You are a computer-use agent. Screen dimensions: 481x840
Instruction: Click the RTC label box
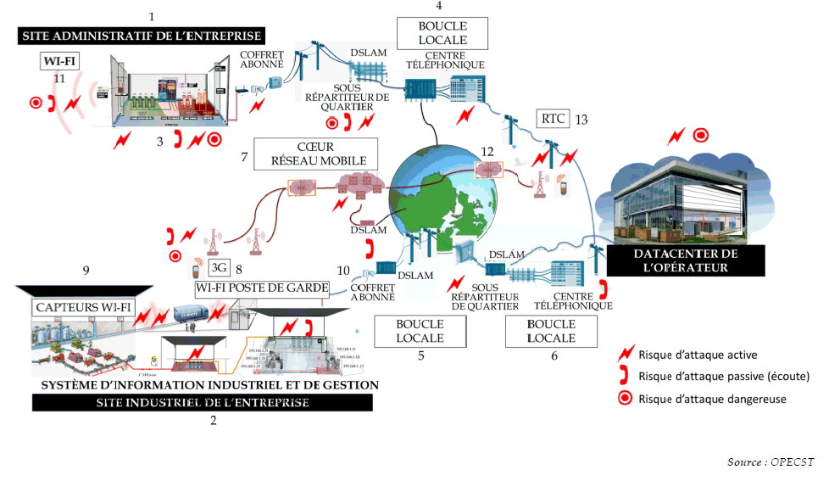(x=553, y=118)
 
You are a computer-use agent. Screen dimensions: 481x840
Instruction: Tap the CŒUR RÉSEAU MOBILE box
(x=315, y=154)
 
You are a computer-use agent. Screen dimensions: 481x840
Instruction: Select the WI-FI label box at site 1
(x=59, y=61)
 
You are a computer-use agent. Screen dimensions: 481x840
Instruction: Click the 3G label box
(x=220, y=269)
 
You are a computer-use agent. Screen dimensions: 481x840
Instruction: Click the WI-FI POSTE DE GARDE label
(x=261, y=288)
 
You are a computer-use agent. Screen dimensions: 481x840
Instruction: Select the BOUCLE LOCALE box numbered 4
(x=442, y=33)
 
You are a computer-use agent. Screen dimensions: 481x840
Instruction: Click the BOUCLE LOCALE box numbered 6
(x=550, y=331)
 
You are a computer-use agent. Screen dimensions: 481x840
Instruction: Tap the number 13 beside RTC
(x=581, y=120)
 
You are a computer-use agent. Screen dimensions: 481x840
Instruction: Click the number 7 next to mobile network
(x=244, y=156)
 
